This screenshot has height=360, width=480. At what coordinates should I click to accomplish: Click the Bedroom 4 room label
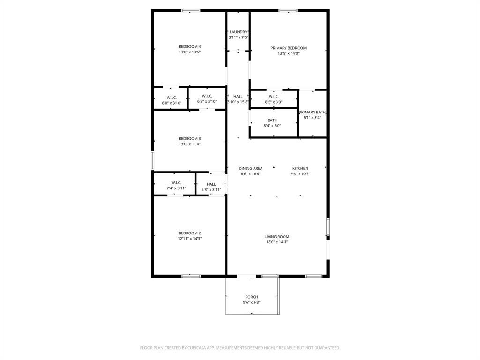(x=189, y=46)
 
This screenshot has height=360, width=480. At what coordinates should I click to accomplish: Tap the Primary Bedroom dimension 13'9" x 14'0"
(x=288, y=53)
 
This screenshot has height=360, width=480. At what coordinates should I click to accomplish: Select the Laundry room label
(x=238, y=32)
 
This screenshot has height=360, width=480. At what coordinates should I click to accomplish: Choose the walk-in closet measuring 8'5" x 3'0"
(x=274, y=99)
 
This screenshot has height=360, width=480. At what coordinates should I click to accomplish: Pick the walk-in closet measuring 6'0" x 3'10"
(x=171, y=100)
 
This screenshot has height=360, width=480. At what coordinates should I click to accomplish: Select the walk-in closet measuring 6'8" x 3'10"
(x=207, y=98)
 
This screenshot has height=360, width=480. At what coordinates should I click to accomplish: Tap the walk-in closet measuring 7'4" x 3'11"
(x=176, y=186)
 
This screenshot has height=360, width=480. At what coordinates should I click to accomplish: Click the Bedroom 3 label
(x=189, y=138)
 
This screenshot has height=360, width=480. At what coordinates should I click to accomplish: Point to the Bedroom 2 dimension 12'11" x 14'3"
(x=189, y=239)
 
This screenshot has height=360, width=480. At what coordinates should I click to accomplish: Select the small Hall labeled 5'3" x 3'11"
(x=211, y=187)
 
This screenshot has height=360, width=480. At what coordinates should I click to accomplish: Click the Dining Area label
(x=251, y=168)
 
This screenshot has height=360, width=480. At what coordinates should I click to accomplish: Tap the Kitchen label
(x=300, y=168)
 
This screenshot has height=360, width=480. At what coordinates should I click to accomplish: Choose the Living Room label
(x=277, y=237)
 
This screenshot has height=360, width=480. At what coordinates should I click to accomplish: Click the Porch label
(x=252, y=297)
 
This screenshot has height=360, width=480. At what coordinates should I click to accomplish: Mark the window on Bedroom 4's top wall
(x=191, y=10)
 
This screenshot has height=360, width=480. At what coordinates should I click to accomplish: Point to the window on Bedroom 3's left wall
(x=152, y=160)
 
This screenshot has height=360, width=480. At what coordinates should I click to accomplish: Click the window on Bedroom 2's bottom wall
(x=191, y=276)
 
